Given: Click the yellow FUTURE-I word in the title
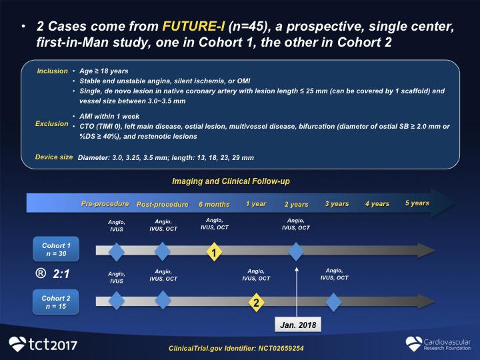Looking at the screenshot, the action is coord(193,26).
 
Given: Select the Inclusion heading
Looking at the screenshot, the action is coord(53,71).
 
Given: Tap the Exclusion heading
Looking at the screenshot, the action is coord(52,124).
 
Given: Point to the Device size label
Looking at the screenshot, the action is coord(54,157).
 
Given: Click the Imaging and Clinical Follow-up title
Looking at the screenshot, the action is coord(231,181).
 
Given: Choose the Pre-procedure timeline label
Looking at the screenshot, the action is coord(105,204).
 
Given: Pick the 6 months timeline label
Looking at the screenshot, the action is coord(214,204).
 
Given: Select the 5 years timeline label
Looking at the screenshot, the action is coord(417,203).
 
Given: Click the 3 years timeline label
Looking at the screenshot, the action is coord(337,204).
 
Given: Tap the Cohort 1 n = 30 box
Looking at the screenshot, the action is coord(56,249).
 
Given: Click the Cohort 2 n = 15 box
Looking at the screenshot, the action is coord(56,302).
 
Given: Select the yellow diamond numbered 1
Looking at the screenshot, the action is coord(214,252).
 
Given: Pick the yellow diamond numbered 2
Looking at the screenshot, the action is coord(256,303).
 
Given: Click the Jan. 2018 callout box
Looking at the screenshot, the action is coord(298,325).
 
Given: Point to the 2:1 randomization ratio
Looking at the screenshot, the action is coord(61,274).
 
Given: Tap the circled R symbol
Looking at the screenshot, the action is coord(41,273).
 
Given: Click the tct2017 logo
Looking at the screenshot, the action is coord(43,344).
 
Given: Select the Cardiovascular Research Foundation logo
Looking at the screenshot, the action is coord(438,344).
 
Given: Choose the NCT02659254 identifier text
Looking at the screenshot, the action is coord(281,349).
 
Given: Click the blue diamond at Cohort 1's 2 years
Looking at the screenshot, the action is coord(296,251).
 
